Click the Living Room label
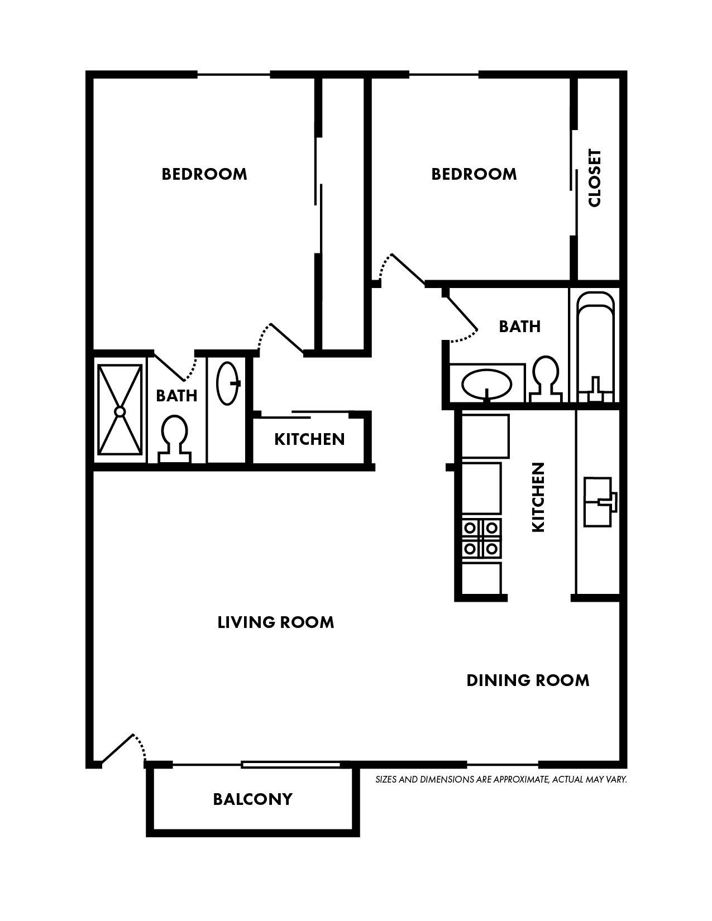[x=276, y=622]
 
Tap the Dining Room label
[x=528, y=680]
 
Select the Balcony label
[x=252, y=799]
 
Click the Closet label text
[x=595, y=178]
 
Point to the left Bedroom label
[x=204, y=174]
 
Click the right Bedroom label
[x=474, y=174]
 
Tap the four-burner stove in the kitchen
[x=481, y=538]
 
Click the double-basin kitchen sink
[x=599, y=502]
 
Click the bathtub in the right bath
[x=595, y=346]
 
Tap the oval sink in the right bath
[x=486, y=385]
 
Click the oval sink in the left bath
[x=228, y=383]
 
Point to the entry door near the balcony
[x=118, y=749]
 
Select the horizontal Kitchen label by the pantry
[x=309, y=439]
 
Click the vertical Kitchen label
[x=538, y=497]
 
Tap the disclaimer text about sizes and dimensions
[x=501, y=779]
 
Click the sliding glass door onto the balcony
[x=291, y=764]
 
